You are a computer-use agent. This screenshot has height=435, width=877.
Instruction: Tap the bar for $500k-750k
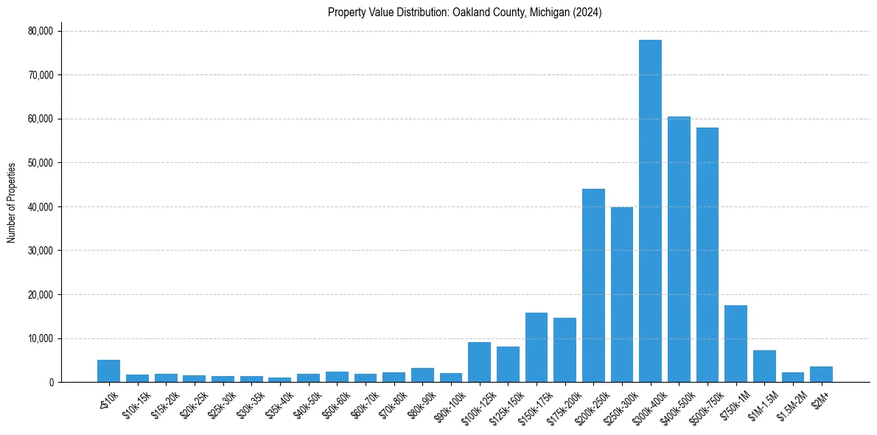707,255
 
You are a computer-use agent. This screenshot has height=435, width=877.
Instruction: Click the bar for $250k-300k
622,295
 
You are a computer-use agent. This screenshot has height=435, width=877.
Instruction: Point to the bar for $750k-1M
736,344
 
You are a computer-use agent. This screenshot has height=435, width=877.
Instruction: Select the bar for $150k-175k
537,347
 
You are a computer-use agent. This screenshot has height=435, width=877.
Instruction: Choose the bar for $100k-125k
479,362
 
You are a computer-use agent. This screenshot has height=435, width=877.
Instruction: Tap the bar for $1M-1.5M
764,366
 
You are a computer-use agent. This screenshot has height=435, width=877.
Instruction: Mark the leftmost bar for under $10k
108,371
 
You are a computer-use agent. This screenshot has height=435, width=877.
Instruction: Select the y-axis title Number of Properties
12,202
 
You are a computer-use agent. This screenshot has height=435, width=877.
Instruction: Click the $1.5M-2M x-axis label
789,404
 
